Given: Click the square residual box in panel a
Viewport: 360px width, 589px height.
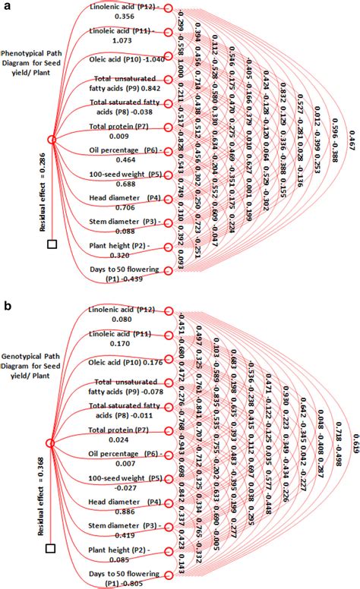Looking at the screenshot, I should pos(52,244).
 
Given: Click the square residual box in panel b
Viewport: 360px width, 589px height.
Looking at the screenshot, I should pos(52,547).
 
